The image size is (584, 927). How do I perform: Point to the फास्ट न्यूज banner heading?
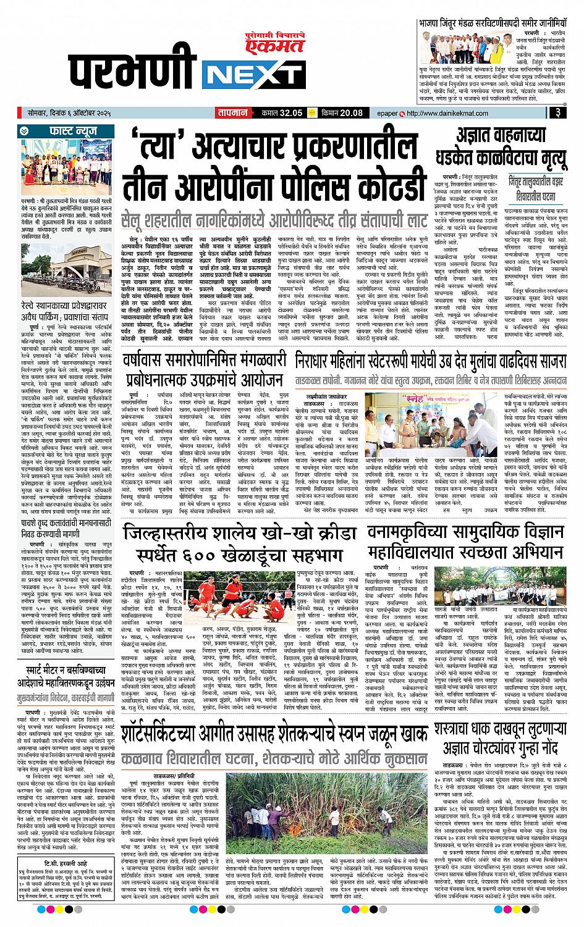pyautogui.click(x=65, y=131)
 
